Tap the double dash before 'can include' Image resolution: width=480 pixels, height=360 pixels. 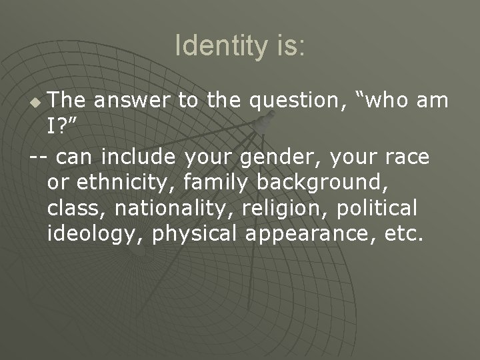click(x=39, y=157)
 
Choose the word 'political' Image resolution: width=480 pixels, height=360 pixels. click(x=377, y=208)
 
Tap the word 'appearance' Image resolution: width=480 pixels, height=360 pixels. click(x=306, y=234)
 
